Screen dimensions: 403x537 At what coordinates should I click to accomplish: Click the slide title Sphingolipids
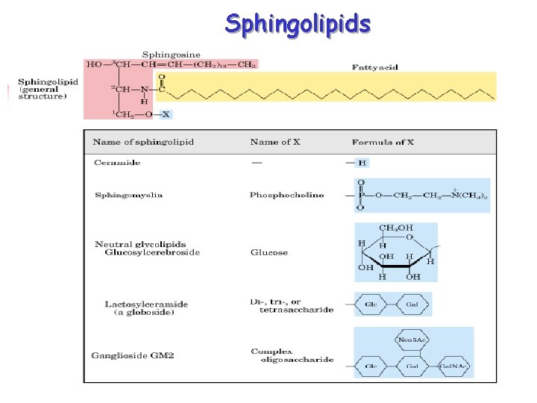coord(298,24)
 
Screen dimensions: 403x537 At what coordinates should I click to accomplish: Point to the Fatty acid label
coord(374,67)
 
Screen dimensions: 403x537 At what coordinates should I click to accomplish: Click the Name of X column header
coord(275,142)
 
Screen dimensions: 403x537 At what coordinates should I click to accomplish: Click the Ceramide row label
coord(117,162)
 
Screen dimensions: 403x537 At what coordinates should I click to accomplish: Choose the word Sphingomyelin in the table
coord(128,196)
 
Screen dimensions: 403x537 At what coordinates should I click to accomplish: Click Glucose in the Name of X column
coord(268,253)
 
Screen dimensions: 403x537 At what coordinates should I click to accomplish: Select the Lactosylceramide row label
coord(146,304)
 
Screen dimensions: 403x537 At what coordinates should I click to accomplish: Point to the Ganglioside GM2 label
coord(133,355)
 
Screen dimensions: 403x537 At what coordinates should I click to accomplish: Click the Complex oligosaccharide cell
coord(281,355)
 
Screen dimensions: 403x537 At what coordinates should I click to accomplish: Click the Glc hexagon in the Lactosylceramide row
coord(371,306)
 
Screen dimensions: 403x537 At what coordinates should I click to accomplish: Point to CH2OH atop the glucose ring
coord(396,228)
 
